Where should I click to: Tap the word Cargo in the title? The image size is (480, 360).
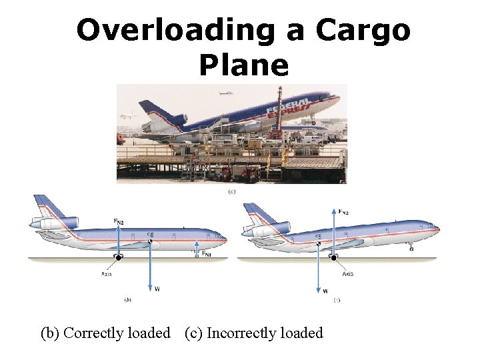(x=363, y=31)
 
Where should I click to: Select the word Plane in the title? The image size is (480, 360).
(x=243, y=65)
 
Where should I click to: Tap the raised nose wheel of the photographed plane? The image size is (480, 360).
(x=313, y=123)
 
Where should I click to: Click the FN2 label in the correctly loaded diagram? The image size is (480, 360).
(x=117, y=221)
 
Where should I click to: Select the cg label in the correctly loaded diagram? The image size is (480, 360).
(x=151, y=235)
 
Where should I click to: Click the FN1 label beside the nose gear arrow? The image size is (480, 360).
(x=207, y=254)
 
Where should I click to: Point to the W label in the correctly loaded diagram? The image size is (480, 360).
(x=157, y=289)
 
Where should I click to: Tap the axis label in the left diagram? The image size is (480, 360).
(x=107, y=273)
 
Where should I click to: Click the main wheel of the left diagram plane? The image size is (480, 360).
(x=119, y=257)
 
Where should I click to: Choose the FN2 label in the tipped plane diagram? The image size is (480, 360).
(x=343, y=211)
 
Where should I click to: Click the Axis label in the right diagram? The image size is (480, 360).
(x=347, y=273)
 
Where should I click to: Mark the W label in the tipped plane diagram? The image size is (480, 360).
(x=325, y=291)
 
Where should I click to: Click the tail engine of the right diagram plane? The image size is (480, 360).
(x=261, y=231)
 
